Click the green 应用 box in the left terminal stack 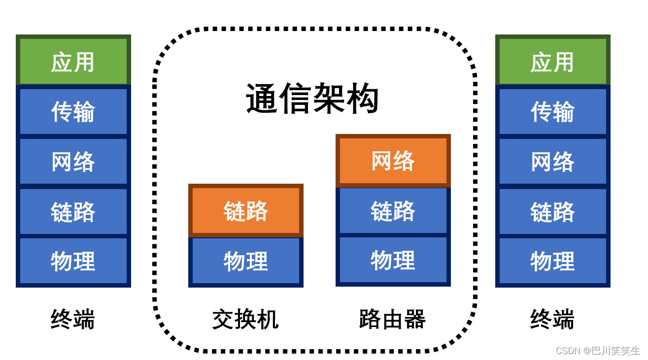coord(73,62)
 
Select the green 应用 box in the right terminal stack coord(552,62)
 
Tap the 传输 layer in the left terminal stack coord(73,111)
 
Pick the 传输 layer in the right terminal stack coord(552,111)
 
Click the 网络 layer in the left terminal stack coord(73,161)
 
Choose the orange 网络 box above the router coord(393,161)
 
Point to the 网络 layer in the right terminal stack coord(552,161)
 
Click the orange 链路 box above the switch coord(245,211)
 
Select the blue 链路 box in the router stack coord(393,210)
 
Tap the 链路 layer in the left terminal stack coord(73,211)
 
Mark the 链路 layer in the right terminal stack coord(552,211)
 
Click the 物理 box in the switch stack coord(245,261)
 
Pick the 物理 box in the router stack coord(393,260)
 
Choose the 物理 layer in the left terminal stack coord(73,261)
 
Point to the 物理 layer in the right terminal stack coord(552,261)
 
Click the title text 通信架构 coord(312,98)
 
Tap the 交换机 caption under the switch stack coord(245,319)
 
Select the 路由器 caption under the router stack coord(392,319)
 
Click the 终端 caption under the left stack coord(73,319)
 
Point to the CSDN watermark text coord(598,351)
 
